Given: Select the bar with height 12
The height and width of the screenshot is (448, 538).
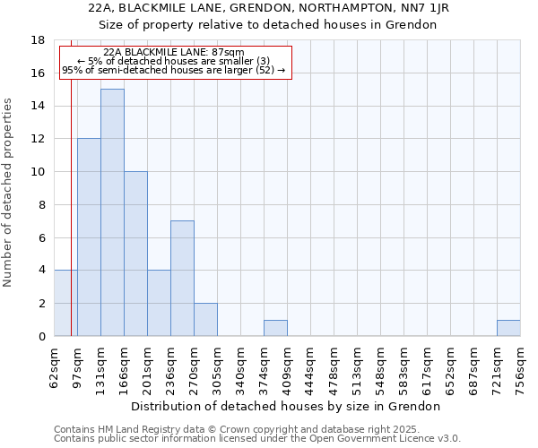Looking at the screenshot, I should (x=89, y=237).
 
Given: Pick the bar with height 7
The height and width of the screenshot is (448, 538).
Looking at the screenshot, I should (x=182, y=279).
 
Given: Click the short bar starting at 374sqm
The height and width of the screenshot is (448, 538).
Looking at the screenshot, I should (x=275, y=328).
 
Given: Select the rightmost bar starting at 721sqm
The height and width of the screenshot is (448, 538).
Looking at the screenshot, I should (x=508, y=328).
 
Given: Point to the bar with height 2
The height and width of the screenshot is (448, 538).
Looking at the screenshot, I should (x=205, y=320).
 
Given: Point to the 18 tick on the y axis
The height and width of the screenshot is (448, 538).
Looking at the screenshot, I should (x=38, y=40).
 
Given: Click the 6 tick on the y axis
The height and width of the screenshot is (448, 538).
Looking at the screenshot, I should (x=41, y=237).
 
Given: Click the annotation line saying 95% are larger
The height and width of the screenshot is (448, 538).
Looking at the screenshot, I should (x=173, y=70).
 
